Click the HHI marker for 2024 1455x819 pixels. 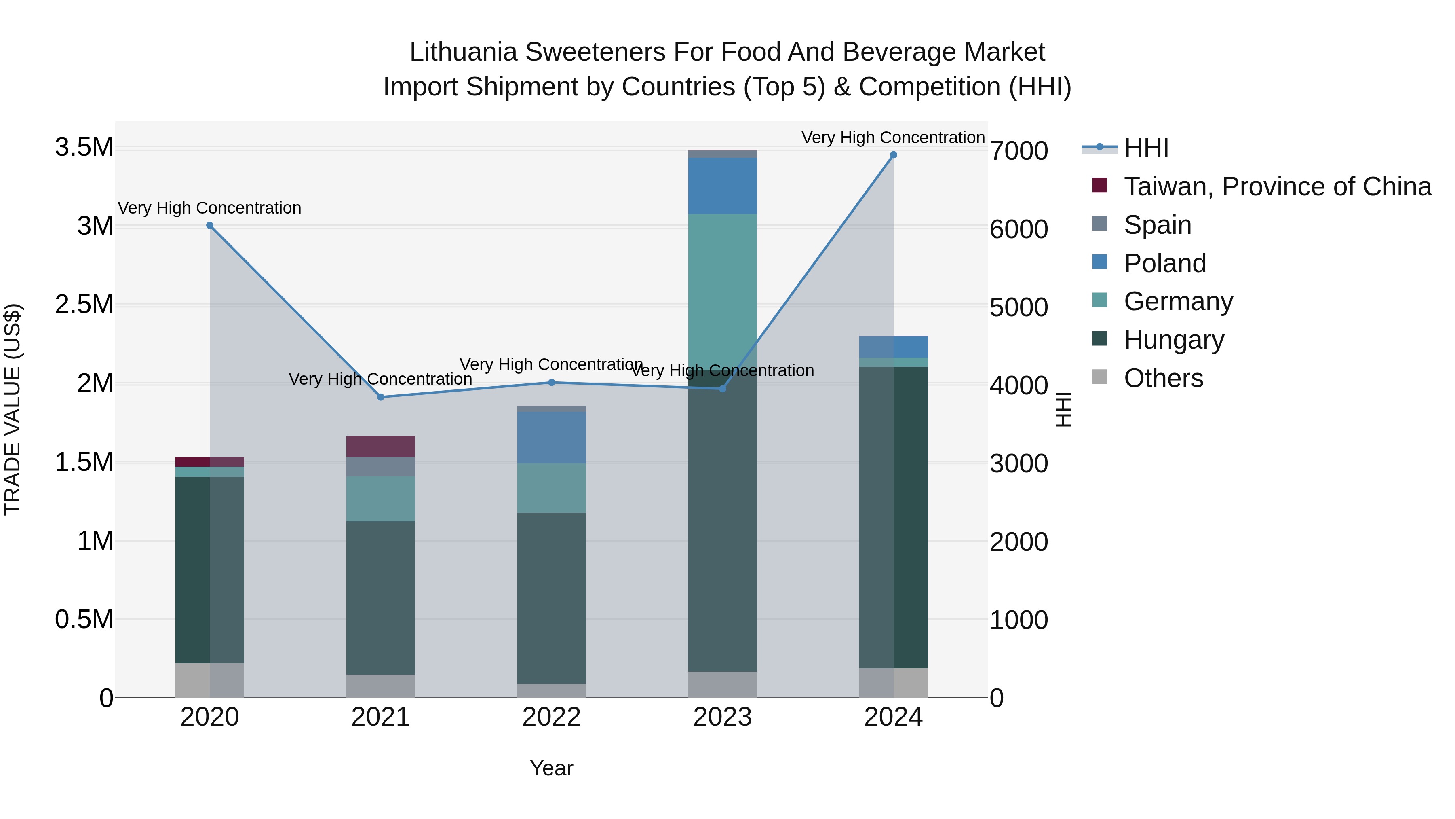pyautogui.click(x=893, y=155)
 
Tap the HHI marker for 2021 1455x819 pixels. pyautogui.click(x=381, y=397)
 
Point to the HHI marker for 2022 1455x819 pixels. pyautogui.click(x=552, y=383)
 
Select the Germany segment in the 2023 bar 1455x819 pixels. pyautogui.click(x=722, y=283)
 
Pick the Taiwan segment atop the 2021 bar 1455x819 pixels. pyautogui.click(x=381, y=447)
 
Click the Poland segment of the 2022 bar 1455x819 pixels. pyautogui.click(x=552, y=438)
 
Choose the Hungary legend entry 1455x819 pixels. pyautogui.click(x=1174, y=340)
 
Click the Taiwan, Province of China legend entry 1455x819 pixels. pyautogui.click(x=1277, y=186)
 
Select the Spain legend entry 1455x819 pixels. pyautogui.click(x=1158, y=225)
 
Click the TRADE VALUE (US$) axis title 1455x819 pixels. pyautogui.click(x=13, y=409)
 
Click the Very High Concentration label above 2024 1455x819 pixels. pyautogui.click(x=893, y=138)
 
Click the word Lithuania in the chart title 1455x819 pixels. pyautogui.click(x=463, y=53)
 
